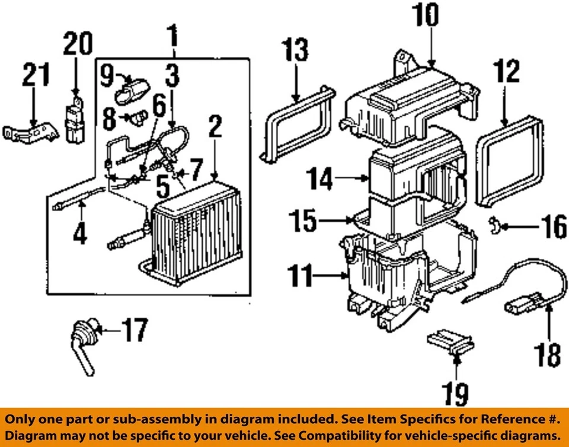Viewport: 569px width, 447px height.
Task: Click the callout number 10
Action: [x=427, y=16]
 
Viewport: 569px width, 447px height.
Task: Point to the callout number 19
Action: [x=454, y=394]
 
